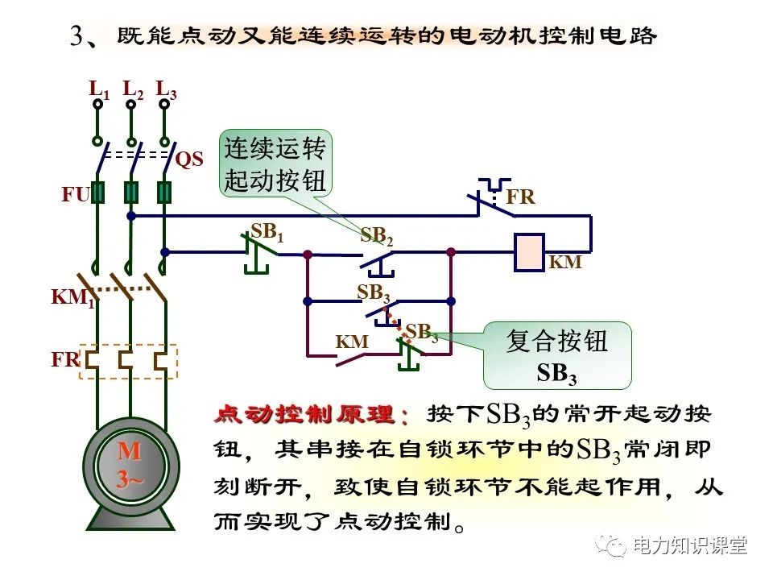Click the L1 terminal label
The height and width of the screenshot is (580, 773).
(98, 89)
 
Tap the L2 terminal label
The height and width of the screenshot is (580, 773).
(133, 89)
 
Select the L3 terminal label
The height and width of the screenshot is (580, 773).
(166, 89)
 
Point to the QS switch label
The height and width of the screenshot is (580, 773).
(189, 159)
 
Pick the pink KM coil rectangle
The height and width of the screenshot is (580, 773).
(529, 251)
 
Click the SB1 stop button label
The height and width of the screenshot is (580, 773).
(267, 232)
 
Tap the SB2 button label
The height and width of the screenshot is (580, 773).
(376, 236)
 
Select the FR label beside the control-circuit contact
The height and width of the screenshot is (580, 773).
(520, 197)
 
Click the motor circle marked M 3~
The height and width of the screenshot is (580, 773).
(130, 466)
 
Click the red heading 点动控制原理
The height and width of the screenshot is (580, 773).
(312, 415)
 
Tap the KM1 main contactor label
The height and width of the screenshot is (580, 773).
(72, 298)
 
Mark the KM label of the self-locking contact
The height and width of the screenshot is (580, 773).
(352, 342)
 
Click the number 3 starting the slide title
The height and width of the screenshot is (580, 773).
(77, 37)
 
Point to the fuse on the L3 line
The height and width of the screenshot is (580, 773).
(164, 193)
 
